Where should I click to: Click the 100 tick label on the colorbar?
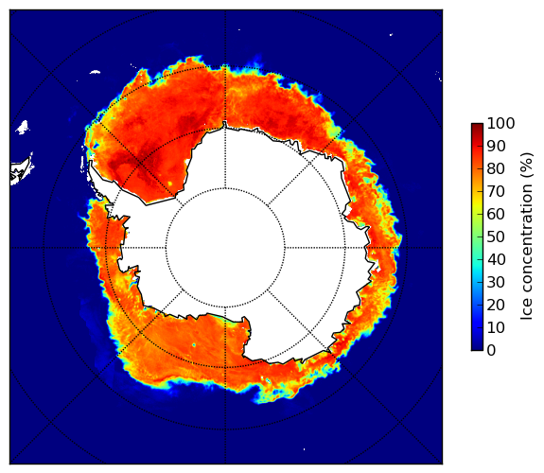point(500,123)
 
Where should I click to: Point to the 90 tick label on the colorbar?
point(496,146)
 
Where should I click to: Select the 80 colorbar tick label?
point(496,168)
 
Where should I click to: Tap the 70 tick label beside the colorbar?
point(496,191)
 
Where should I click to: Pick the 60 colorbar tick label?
point(496,214)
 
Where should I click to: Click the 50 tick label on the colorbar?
point(496,236)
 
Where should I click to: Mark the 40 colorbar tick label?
point(496,259)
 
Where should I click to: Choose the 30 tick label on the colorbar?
point(496,282)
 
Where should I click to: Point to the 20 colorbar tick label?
point(496,305)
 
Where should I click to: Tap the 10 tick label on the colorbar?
point(496,327)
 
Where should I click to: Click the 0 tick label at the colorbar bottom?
point(492,350)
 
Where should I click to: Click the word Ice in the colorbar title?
point(527,310)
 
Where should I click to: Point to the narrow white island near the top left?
point(95,72)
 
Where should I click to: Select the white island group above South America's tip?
point(23,127)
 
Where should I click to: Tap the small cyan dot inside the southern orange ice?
point(194,344)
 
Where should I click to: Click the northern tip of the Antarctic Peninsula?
point(91,163)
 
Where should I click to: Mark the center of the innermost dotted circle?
point(225,248)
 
